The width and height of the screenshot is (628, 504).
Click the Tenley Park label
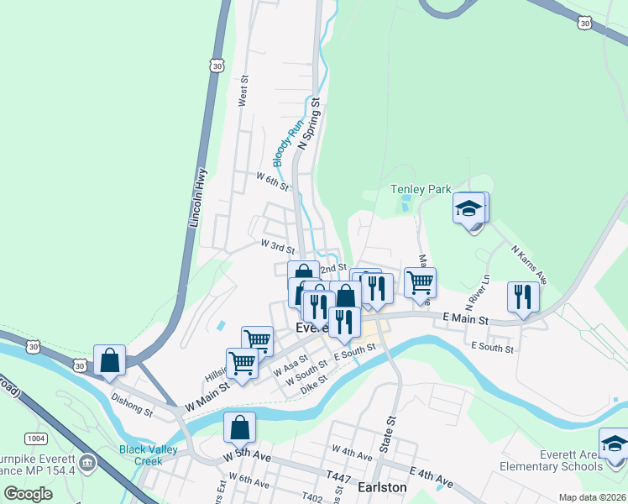point(421,190)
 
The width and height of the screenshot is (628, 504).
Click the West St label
point(244,90)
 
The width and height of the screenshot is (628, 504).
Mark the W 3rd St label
point(277,246)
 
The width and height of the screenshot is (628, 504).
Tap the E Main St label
point(465,319)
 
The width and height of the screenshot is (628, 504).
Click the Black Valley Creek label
point(152,454)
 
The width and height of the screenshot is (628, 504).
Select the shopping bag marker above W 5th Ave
point(240,427)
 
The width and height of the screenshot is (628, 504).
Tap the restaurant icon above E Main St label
point(523,297)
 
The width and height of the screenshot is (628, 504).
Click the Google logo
point(29,494)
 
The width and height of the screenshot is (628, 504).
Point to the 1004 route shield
point(36,438)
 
